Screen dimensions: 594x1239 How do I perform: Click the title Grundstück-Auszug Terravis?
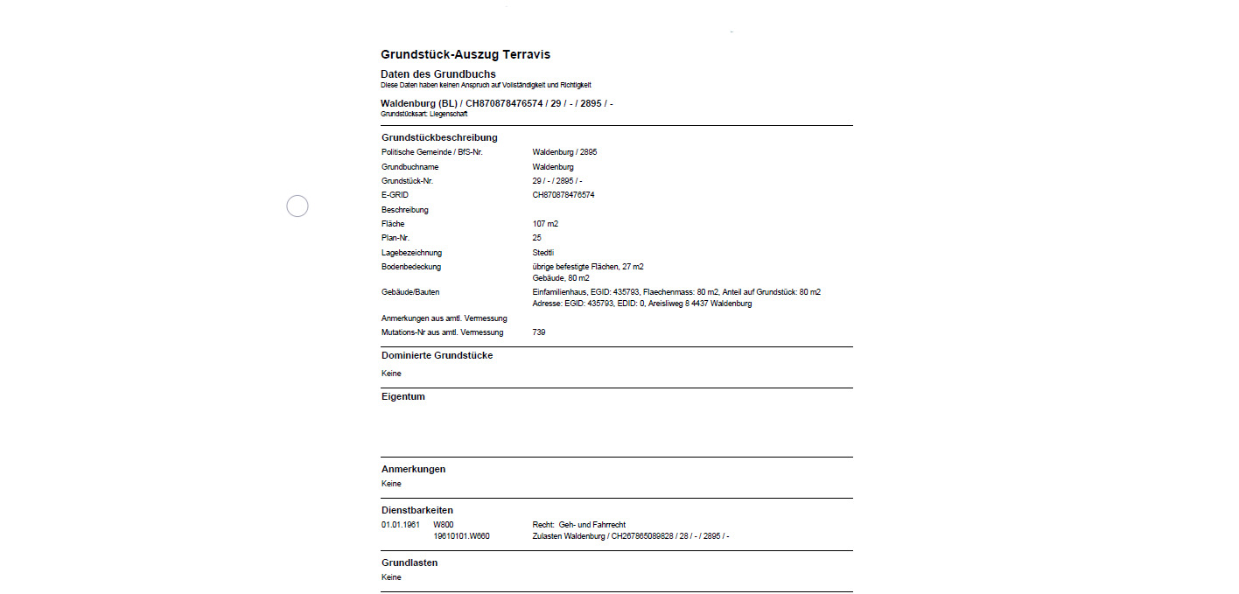coord(465,54)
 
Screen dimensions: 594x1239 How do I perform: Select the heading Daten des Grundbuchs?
coord(437,73)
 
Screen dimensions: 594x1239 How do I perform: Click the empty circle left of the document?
coord(297,206)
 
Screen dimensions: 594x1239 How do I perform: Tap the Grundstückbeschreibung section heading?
coord(439,137)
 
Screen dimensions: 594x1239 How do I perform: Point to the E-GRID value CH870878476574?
coord(563,195)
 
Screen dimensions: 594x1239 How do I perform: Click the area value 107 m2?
coord(545,224)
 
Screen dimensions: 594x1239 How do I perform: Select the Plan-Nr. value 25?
coord(536,238)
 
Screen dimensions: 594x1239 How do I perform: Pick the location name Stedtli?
coord(542,253)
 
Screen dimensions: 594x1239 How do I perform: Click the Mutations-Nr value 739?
coord(538,332)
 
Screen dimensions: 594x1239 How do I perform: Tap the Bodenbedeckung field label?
coord(411,267)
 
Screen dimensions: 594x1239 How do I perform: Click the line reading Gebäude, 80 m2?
coord(561,278)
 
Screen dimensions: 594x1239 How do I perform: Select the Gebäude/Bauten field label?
coord(410,292)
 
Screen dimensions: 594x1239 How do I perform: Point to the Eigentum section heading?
coord(402,396)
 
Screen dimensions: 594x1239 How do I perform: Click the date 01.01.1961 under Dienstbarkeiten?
coord(401,525)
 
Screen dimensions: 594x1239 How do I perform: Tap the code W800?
coord(444,525)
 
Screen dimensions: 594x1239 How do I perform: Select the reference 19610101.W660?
coord(461,536)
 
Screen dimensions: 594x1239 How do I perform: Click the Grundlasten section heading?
coord(409,563)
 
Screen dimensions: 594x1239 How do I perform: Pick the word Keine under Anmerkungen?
coord(391,484)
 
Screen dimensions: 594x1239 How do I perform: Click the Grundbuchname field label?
coord(409,166)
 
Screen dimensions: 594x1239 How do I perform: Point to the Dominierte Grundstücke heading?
coord(437,355)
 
